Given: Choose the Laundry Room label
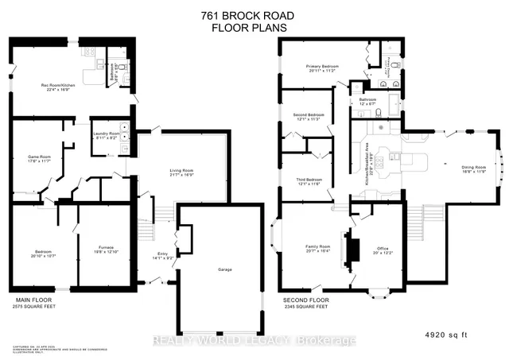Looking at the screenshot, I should coord(106,134).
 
